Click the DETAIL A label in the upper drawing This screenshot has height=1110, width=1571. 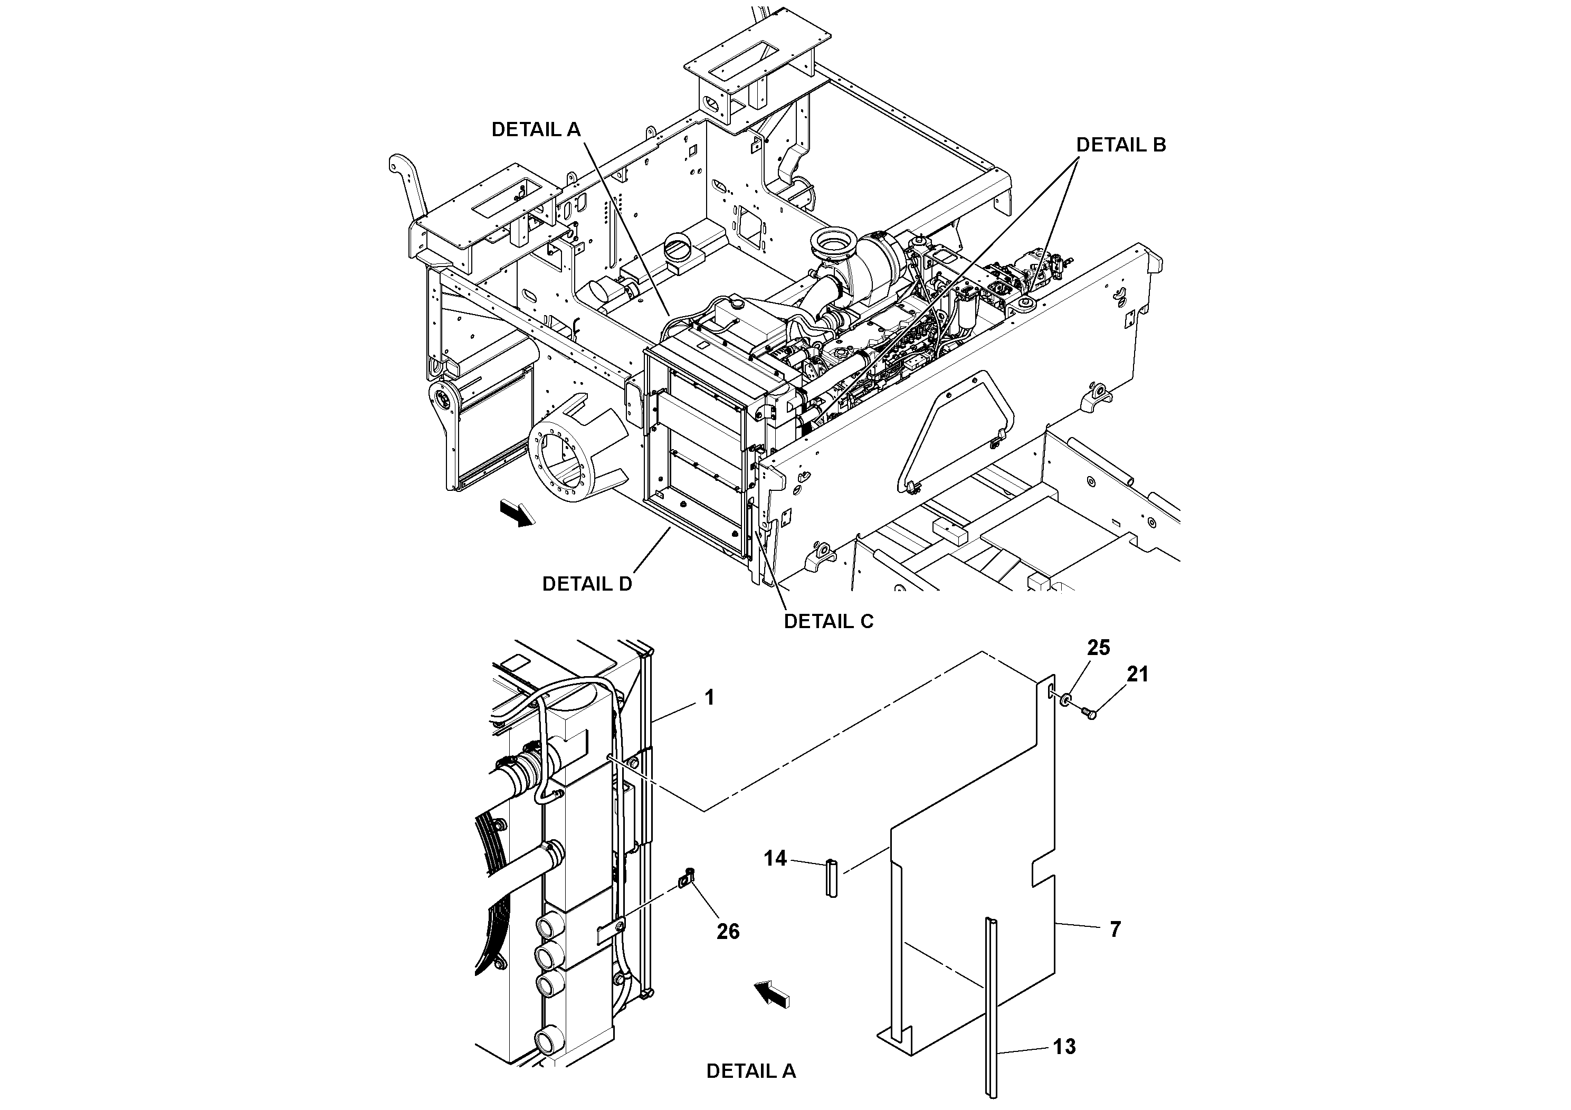pyautogui.click(x=536, y=129)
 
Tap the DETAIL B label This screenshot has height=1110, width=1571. pyautogui.click(x=1121, y=145)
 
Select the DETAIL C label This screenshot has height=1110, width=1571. pyautogui.click(x=828, y=621)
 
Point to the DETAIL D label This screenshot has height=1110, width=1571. pyautogui.click(x=587, y=583)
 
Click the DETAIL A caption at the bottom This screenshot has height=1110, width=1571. pyautogui.click(x=750, y=1071)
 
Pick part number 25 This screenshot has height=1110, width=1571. pyautogui.click(x=1098, y=648)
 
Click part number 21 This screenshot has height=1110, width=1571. pyautogui.click(x=1137, y=674)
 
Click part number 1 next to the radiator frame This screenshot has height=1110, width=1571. pyautogui.click(x=710, y=697)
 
